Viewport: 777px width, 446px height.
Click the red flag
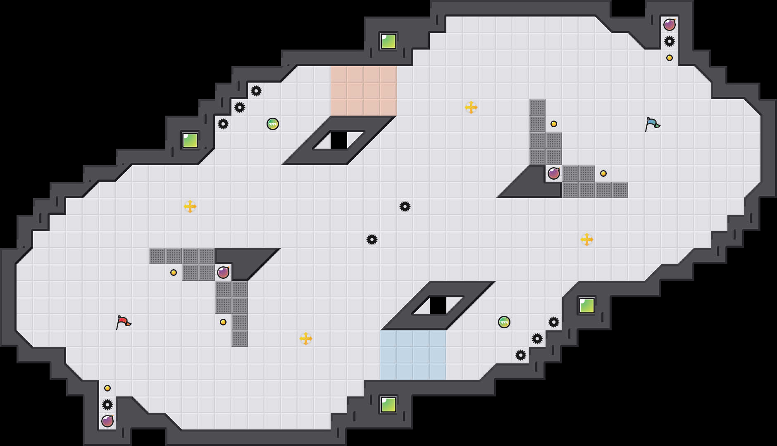tap(123, 322)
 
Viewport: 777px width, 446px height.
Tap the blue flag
tap(652, 123)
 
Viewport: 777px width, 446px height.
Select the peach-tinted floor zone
tap(364, 91)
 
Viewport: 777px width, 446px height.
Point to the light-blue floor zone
tap(413, 355)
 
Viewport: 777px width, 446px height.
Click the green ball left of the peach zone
tap(273, 124)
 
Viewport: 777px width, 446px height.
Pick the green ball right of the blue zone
tap(504, 322)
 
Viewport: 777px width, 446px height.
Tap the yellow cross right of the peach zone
tap(471, 107)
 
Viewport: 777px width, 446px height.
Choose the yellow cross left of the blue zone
tap(306, 339)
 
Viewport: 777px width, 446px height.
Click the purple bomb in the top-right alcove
tap(670, 25)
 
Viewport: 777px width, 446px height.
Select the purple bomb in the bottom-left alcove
tap(107, 421)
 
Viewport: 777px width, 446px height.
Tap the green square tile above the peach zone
tap(388, 41)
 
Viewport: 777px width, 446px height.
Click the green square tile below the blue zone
tap(388, 405)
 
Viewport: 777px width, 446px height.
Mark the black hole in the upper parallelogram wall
tap(339, 140)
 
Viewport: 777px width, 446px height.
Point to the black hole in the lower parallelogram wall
tap(438, 306)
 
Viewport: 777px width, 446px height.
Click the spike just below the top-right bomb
tap(670, 41)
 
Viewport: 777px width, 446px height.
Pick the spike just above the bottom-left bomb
tap(107, 405)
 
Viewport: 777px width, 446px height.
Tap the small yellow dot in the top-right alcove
tap(670, 58)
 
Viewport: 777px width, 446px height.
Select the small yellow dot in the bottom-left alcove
tap(107, 388)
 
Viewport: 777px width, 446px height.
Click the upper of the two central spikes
tap(405, 206)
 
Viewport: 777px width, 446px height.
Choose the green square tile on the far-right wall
tap(587, 306)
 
